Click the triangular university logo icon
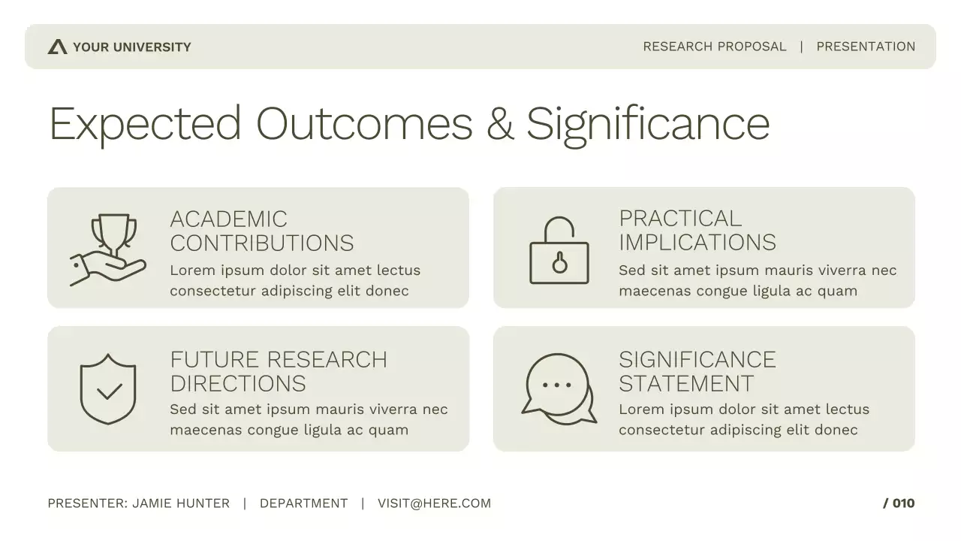(x=57, y=47)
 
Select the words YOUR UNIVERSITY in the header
(x=132, y=47)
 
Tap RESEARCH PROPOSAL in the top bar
(x=714, y=47)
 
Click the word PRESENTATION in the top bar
(x=866, y=47)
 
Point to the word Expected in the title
(x=145, y=124)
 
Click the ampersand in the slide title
(x=499, y=124)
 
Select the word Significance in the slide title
(x=647, y=124)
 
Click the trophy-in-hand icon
(x=109, y=249)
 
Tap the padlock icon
(x=559, y=250)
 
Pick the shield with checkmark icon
(x=108, y=388)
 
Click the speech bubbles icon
(x=559, y=388)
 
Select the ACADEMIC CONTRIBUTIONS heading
(x=261, y=231)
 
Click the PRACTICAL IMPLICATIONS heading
(x=697, y=230)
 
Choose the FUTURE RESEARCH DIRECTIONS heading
(x=278, y=371)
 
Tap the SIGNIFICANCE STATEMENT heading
(x=697, y=371)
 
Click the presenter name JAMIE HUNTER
(x=181, y=503)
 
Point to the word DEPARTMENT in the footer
(x=303, y=503)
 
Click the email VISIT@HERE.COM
(x=434, y=503)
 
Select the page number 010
(x=903, y=503)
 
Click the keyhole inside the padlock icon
(x=559, y=263)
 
